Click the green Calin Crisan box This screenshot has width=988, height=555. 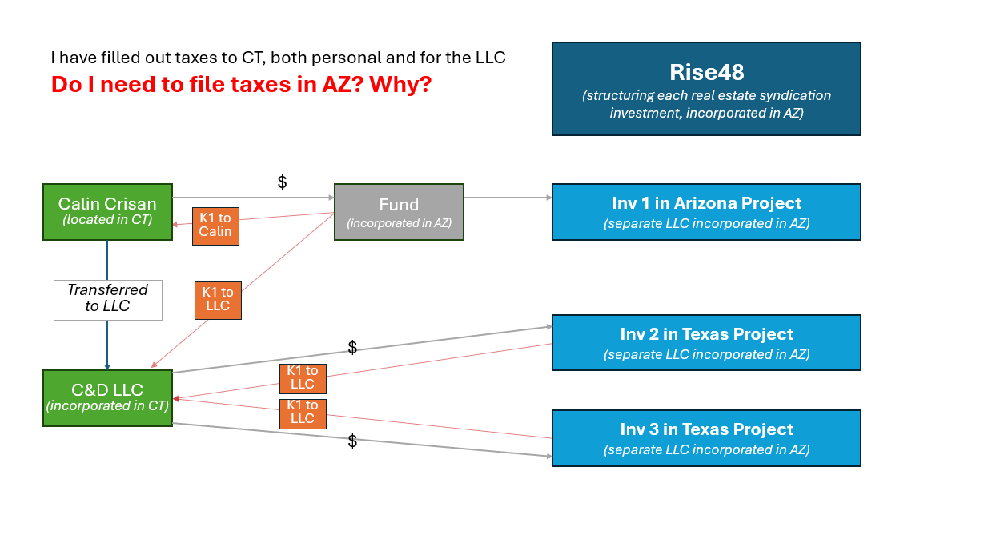click(107, 211)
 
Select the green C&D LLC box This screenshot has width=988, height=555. click(107, 397)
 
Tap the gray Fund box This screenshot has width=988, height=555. click(399, 211)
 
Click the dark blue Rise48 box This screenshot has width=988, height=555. click(706, 89)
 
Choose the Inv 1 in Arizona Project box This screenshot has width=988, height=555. click(706, 212)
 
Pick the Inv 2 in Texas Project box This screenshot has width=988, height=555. click(706, 342)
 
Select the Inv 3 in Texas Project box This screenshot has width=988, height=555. click(706, 438)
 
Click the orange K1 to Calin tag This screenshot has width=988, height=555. click(215, 225)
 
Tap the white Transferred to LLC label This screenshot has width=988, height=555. click(108, 299)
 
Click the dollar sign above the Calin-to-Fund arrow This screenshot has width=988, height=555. click(282, 182)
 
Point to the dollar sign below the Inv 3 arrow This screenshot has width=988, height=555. click(352, 441)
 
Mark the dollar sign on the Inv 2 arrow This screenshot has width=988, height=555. click(352, 347)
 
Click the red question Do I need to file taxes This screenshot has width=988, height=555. click(241, 84)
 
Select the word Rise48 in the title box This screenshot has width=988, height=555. click(706, 72)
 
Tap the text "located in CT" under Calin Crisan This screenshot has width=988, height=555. click(107, 220)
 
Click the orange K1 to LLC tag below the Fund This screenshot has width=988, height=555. click(218, 299)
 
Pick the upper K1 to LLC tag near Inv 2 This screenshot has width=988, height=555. click(303, 377)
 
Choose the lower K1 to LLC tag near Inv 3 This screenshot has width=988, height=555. click(303, 412)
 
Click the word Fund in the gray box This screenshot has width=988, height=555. click(399, 204)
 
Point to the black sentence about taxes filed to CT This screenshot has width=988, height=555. click(278, 58)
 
